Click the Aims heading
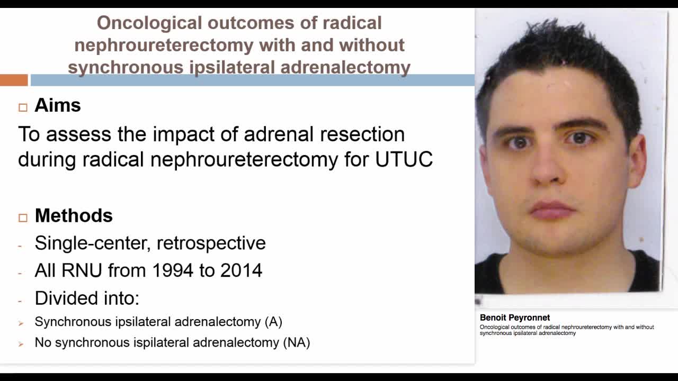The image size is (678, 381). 58,105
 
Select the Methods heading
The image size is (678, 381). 74,216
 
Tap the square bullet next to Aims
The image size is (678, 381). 23,107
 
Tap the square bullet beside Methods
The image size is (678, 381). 23,217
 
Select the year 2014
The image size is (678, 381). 241,270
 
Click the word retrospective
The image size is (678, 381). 211,243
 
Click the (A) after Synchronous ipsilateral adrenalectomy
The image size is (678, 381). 273,322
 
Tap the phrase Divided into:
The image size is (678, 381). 87,298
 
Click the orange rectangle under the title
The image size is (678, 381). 14,80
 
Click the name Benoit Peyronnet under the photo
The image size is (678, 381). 515,317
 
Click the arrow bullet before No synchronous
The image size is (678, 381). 21,343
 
